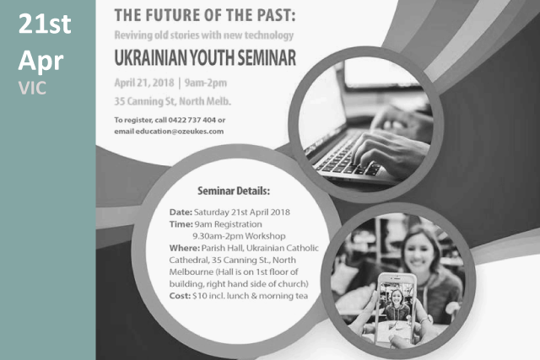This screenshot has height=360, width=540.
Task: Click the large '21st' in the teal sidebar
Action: (x=45, y=24)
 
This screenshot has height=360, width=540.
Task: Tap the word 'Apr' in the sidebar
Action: (x=40, y=62)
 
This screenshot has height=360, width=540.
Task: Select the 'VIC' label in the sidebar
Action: (x=32, y=89)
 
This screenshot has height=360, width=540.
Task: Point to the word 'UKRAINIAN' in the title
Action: (x=151, y=57)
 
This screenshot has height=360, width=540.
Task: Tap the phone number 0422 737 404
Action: (x=192, y=120)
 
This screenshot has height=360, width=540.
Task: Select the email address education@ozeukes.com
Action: (x=180, y=132)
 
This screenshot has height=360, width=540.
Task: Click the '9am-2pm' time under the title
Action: (x=206, y=83)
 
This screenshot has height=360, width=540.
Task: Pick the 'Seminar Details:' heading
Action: (x=234, y=191)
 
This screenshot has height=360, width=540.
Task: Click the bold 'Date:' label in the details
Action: (x=181, y=212)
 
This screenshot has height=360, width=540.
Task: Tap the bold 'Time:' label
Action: (x=181, y=224)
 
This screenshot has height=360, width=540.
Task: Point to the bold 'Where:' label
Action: (x=184, y=248)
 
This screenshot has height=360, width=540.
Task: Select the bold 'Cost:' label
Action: (x=180, y=296)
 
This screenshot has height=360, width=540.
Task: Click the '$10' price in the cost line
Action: (x=199, y=296)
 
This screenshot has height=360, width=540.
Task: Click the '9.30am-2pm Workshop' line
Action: (x=239, y=236)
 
